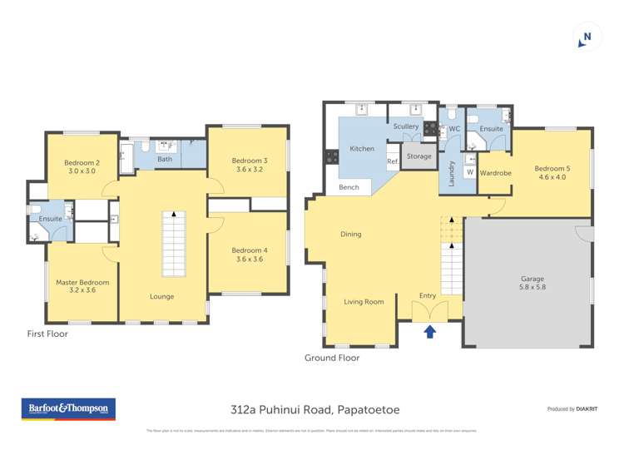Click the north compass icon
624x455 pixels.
point(587,37)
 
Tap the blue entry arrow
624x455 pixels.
point(429,332)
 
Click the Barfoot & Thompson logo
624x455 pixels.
point(68,409)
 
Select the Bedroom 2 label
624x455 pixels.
point(82,166)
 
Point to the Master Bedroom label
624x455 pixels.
point(82,287)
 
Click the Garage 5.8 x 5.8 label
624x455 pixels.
point(532,283)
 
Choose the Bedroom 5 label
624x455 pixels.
point(552,171)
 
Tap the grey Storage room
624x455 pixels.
point(419,156)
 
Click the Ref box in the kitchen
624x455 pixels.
point(393,161)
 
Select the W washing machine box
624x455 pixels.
point(469,172)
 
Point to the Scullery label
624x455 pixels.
point(406,126)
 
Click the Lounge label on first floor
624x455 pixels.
point(161,296)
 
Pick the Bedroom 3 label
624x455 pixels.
point(250,165)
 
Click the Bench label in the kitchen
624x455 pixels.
point(349,187)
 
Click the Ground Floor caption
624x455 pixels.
point(332,358)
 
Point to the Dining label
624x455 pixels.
point(351,234)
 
